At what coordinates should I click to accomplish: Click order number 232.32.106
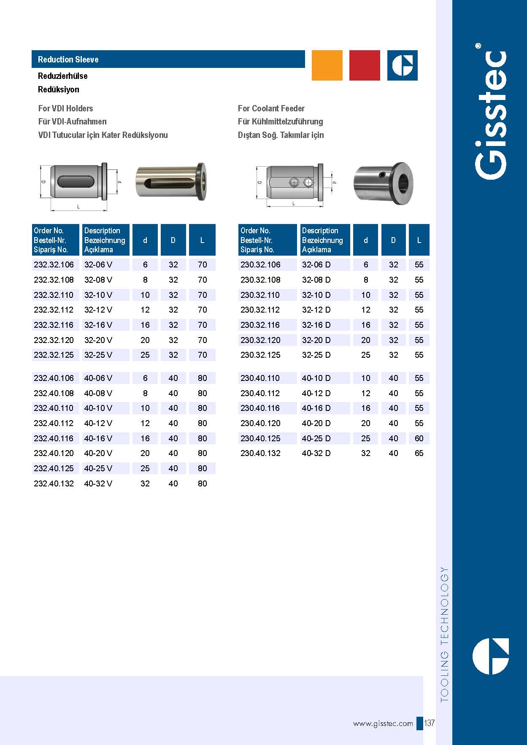[54, 265]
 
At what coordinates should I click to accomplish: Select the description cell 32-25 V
[98, 355]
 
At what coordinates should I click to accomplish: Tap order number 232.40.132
[54, 484]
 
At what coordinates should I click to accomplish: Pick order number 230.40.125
[260, 439]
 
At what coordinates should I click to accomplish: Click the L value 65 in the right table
[419, 453]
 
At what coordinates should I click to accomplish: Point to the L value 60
[419, 439]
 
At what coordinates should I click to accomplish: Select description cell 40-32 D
[316, 453]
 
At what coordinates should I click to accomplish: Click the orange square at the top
[327, 65]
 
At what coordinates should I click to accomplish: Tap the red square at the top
[365, 65]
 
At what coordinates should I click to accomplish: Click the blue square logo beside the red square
[403, 65]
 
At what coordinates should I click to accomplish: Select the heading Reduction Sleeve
[68, 59]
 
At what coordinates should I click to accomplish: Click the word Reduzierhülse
[63, 76]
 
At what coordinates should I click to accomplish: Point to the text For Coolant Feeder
[271, 108]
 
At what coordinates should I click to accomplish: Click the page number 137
[429, 723]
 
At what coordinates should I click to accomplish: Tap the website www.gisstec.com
[383, 723]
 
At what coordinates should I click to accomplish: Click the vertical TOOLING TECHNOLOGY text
[444, 635]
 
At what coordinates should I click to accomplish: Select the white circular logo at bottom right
[490, 656]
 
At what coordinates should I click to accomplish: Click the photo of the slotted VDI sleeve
[171, 181]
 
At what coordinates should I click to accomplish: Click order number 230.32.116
[260, 325]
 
